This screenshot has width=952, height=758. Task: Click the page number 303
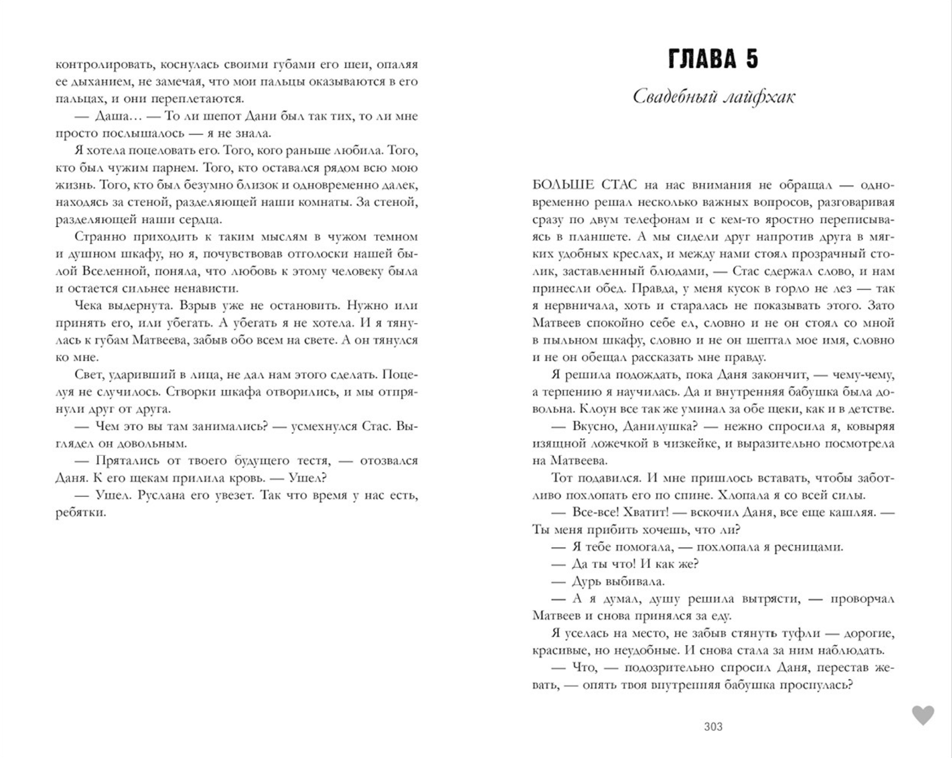point(713,727)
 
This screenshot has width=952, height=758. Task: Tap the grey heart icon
point(923,716)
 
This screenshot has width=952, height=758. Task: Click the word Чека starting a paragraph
point(88,305)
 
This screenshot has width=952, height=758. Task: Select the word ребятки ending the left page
point(79,513)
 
